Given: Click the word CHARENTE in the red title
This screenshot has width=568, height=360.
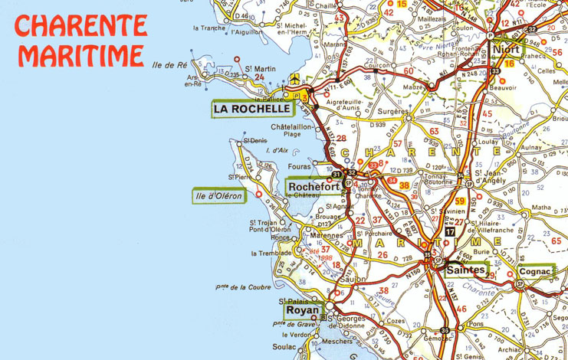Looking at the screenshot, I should (80, 26).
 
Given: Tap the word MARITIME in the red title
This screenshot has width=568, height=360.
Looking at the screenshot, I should (81, 55).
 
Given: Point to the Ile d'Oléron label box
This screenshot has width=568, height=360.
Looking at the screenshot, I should (218, 196).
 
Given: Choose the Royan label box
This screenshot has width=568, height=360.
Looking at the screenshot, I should (301, 311).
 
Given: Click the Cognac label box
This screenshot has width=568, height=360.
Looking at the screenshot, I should (534, 271).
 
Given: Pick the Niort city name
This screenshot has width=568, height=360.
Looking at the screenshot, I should (507, 50).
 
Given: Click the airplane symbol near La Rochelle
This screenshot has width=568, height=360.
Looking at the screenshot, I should (297, 79).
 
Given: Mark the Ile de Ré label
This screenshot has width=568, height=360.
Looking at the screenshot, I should (170, 65).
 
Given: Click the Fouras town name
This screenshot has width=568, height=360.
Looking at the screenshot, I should (300, 165).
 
